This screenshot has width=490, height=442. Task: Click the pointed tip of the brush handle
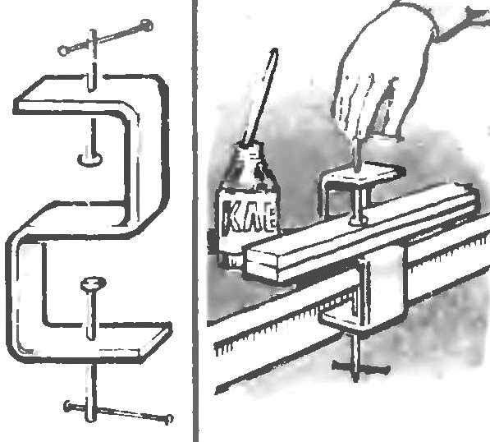(275, 49)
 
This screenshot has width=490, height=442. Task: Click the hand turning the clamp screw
(384, 72)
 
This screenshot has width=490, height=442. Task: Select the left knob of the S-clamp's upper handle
(63, 50)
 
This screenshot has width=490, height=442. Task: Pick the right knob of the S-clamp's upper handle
(146, 25)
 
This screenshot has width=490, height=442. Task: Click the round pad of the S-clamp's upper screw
(90, 159)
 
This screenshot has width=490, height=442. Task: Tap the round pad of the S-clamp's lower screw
(93, 284)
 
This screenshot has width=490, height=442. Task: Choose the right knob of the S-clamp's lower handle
(169, 419)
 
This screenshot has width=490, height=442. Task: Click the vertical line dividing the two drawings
(195, 221)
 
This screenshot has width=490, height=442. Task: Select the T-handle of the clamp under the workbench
(360, 366)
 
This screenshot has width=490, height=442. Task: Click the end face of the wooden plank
(261, 264)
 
